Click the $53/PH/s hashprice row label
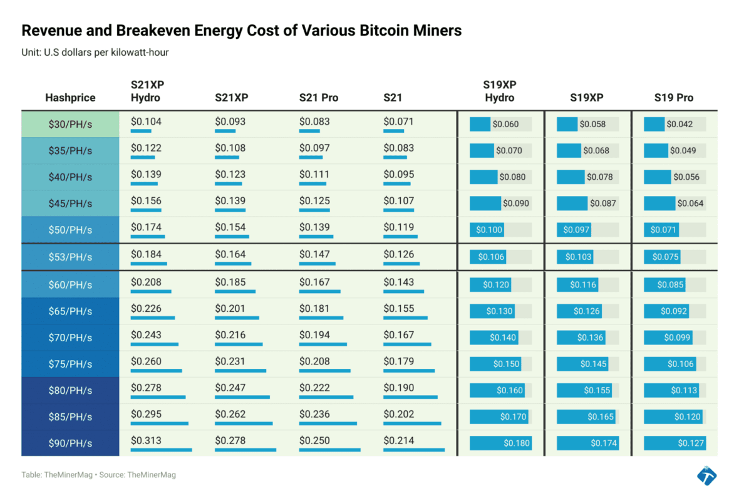[70, 257]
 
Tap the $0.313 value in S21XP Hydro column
[146, 441]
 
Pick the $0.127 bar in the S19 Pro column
[674, 443]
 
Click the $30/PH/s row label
[70, 124]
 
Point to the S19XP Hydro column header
[499, 91]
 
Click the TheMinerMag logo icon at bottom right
[707, 475]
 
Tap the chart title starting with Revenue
[241, 30]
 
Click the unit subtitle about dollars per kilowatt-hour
[95, 53]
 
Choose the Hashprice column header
[70, 98]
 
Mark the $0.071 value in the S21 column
[398, 121]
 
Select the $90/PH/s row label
[70, 443]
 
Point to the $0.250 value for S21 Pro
[314, 441]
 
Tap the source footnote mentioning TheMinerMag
[98, 475]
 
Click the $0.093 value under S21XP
[230, 121]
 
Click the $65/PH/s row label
[70, 311]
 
